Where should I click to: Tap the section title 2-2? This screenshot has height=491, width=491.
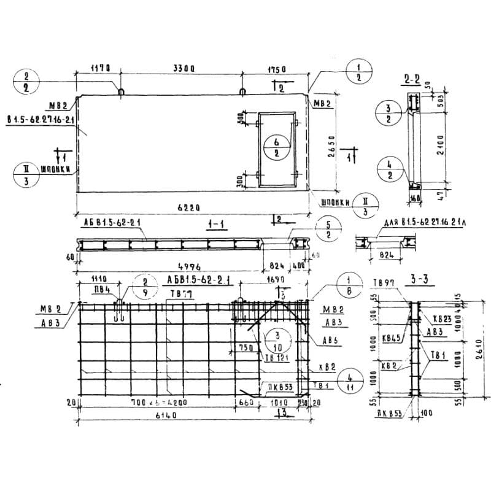click(412, 79)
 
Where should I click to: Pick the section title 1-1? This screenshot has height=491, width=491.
click(214, 225)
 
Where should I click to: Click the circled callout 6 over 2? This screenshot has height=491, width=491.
click(277, 148)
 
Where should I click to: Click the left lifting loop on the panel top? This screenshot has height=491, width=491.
click(121, 93)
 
